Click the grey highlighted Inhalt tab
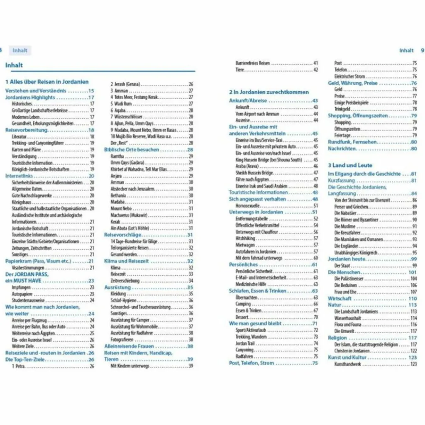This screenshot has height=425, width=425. pos(20,51)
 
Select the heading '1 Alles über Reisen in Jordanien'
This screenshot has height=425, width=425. pos(47,82)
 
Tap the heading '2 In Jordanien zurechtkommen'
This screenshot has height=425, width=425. pos(269,92)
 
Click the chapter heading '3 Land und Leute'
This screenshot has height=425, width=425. pos(350,165)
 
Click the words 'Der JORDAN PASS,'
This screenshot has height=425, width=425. pos(27,274)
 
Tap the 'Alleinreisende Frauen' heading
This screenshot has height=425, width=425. pos(129,346)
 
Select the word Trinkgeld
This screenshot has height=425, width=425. pos(342,109)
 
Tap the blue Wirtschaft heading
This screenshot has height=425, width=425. pos(340,298)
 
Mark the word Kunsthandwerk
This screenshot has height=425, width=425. pos(348,364)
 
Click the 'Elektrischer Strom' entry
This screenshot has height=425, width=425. pos(349,77)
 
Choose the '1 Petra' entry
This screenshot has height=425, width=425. pos(19,366)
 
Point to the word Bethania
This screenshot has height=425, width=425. pos(118,195)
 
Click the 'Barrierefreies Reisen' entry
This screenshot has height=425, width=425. pos(253,64)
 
